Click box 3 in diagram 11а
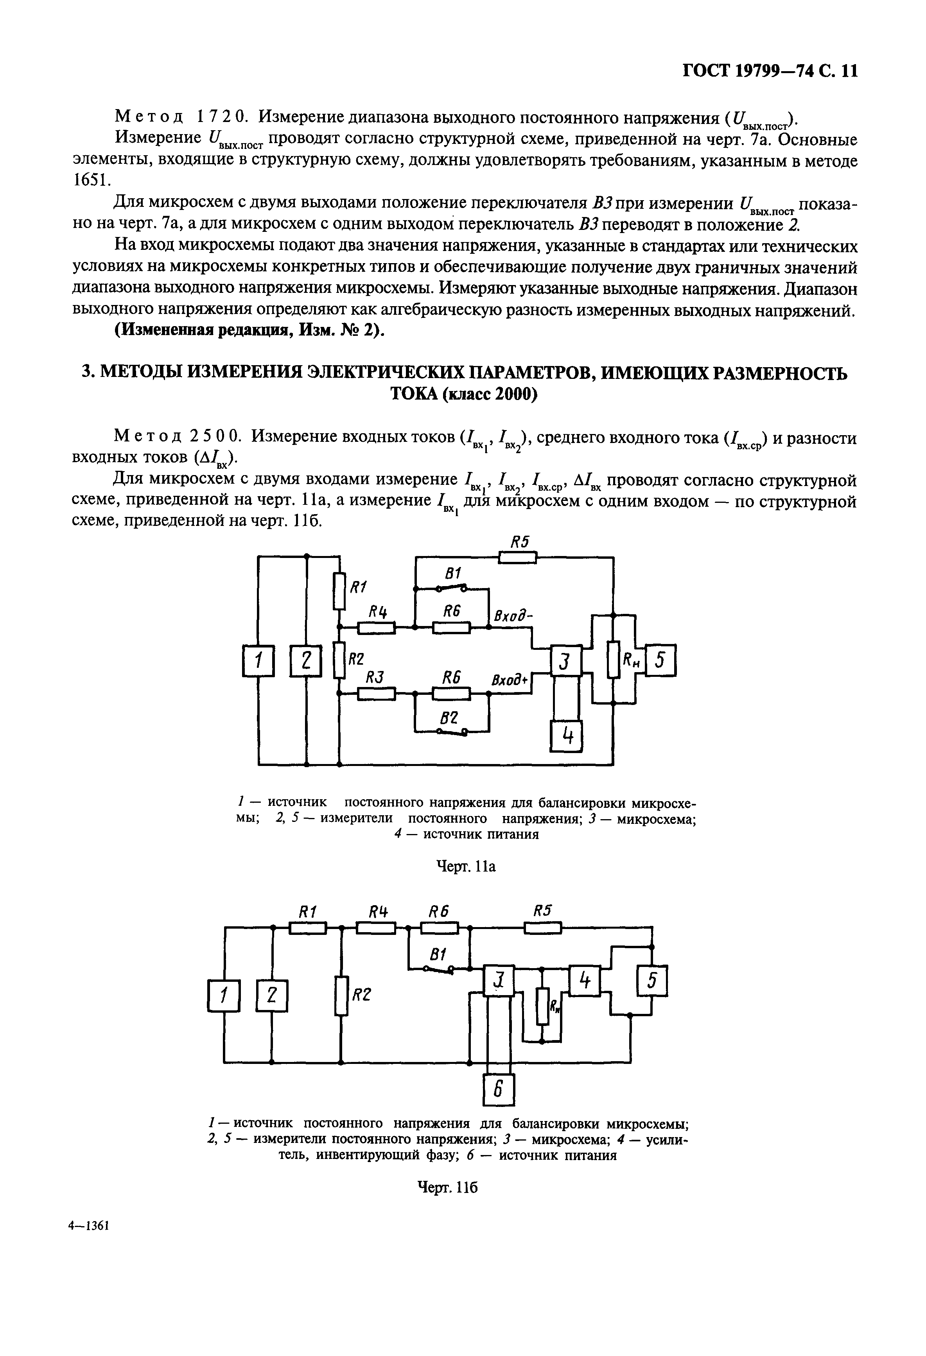(565, 661)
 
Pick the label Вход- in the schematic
(515, 616)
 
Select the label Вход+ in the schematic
(510, 680)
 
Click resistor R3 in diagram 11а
(376, 693)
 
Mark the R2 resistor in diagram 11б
(340, 995)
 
